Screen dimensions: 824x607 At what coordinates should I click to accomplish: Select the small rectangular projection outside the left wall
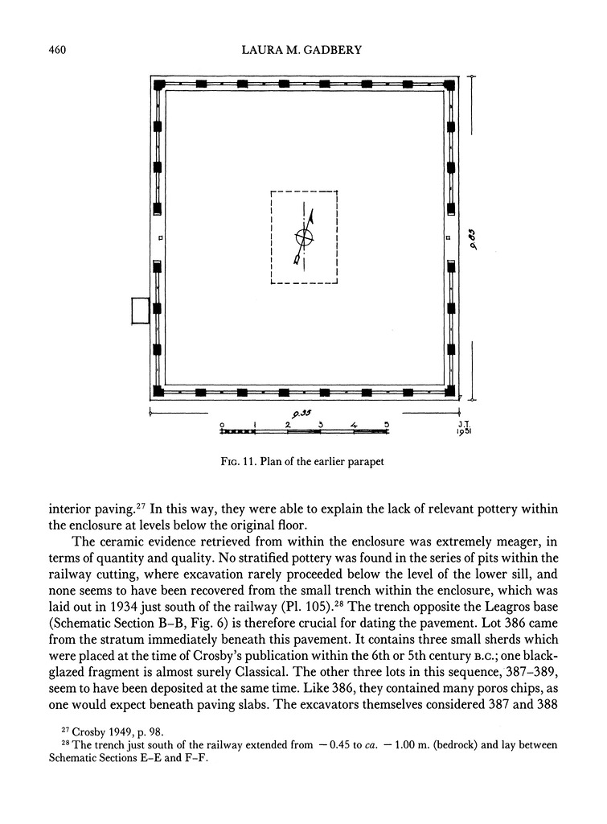pyautogui.click(x=141, y=311)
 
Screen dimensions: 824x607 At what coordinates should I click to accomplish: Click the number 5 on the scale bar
pyautogui.click(x=386, y=423)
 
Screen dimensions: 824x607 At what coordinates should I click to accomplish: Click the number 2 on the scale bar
pyautogui.click(x=288, y=423)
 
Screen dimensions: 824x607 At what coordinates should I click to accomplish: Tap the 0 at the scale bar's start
pyautogui.click(x=223, y=423)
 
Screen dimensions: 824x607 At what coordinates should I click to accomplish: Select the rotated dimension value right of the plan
pyautogui.click(x=474, y=240)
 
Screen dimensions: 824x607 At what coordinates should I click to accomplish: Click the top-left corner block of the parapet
pyautogui.click(x=159, y=84)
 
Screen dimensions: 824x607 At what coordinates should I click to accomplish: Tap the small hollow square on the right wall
pyautogui.click(x=447, y=238)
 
